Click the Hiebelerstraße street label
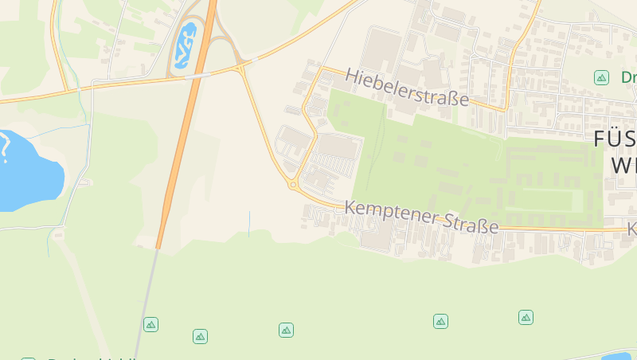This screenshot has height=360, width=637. pos(407,88)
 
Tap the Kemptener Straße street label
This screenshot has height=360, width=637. pos(421,217)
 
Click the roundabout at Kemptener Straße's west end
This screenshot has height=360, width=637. pos(293,185)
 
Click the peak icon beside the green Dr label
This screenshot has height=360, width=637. pos(601,77)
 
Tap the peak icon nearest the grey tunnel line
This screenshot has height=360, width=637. pos(150,324)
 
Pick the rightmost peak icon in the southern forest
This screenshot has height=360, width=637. pos(526,317)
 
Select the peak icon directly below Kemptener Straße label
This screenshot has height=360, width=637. pos(440,321)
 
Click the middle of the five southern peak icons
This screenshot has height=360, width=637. pos(286,330)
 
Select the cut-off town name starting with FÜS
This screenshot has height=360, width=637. pos(615,139)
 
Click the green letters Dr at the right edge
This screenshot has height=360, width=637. pos(627,77)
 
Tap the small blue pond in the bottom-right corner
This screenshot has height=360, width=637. pos(617,356)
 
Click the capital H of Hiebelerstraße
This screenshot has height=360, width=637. pos(353,76)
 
